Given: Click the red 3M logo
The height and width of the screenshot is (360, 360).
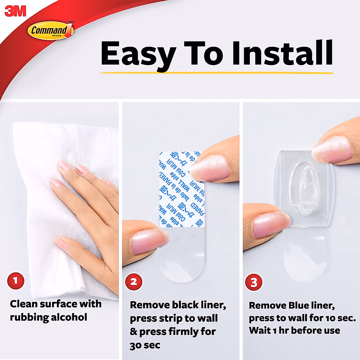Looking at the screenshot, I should point(15,11).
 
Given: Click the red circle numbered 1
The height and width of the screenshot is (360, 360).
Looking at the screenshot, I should point(16,281).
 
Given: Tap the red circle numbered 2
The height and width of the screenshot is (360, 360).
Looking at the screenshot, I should point(134,282).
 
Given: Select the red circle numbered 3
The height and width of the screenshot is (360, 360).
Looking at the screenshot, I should point(254,282).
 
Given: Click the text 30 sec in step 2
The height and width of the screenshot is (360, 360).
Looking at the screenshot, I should point(145,345).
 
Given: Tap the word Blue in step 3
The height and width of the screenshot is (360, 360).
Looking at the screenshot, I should point(300,305).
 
